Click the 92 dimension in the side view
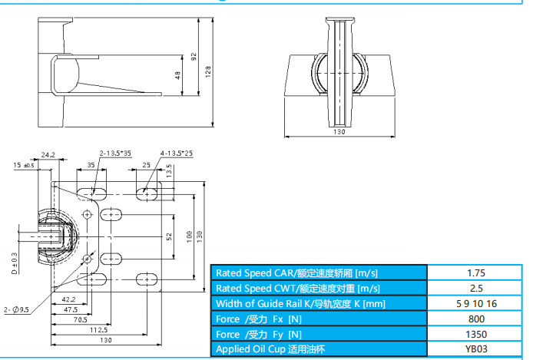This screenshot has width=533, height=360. coord(194,57)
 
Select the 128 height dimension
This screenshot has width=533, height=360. coord(209,71)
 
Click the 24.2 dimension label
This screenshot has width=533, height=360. coord(48,154)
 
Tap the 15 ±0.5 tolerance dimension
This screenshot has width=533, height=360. coord(24,165)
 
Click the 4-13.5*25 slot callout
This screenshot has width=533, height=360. coord(176,154)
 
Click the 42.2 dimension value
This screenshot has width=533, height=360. coord(68,299)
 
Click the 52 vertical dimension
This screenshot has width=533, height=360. coord(169,238)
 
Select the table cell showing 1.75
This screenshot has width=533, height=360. coord(476,272)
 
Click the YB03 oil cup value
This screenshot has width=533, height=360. coord(476,349)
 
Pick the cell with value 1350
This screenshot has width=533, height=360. coord(476,334)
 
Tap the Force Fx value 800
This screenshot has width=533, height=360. coord(476,319)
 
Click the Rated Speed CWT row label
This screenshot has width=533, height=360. coord(297,288)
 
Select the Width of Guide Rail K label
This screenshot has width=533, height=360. coord(300,303)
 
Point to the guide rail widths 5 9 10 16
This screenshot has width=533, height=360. coord(476,303)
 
